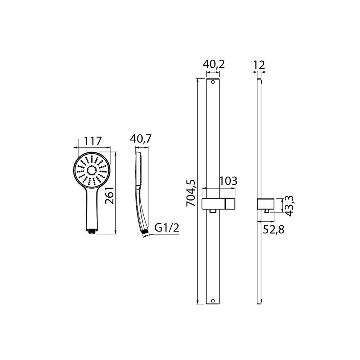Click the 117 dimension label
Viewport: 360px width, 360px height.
coord(92,141)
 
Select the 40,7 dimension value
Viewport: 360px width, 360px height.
coord(141,139)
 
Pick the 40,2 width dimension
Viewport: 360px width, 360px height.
coord(213,64)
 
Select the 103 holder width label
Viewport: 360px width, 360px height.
coord(228,181)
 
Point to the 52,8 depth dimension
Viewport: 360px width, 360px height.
coord(274,229)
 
